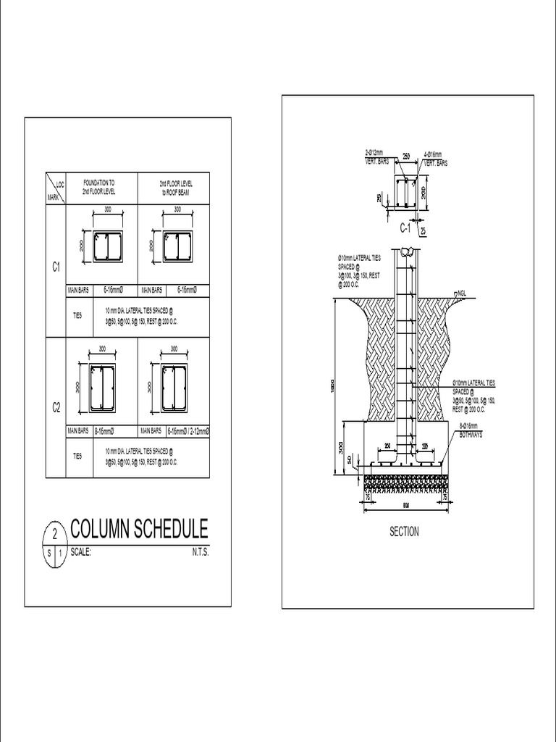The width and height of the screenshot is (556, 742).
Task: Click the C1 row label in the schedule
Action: (55, 268)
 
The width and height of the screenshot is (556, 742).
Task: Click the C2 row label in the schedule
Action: (55, 409)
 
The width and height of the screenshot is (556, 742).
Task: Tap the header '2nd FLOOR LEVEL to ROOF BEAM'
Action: (174, 187)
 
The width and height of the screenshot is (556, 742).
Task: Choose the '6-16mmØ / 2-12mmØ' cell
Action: (187, 430)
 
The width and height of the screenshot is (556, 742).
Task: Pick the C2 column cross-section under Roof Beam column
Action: (174, 388)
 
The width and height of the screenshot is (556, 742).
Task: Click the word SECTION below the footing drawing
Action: (404, 532)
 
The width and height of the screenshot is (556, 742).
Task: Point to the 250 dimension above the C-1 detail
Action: (406, 156)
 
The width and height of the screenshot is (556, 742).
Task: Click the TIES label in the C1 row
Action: (77, 316)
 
